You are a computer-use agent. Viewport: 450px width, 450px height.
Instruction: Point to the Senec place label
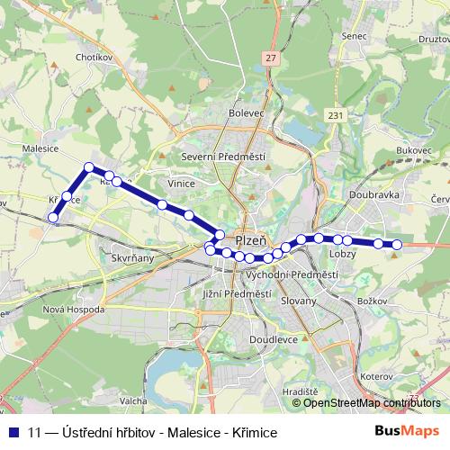pyautogui.click(x=355, y=36)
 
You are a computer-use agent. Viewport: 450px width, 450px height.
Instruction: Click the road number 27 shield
pyautogui.click(x=270, y=58)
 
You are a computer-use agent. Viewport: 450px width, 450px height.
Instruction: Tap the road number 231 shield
pyautogui.click(x=336, y=116)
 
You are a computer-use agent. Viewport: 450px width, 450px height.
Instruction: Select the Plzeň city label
pyautogui.click(x=250, y=240)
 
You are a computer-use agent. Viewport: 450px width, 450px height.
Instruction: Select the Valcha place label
pyautogui.click(x=132, y=400)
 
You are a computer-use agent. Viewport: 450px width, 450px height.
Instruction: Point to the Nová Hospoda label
pyautogui.click(x=73, y=309)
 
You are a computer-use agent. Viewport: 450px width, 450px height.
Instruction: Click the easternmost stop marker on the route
pyautogui.click(x=397, y=244)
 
